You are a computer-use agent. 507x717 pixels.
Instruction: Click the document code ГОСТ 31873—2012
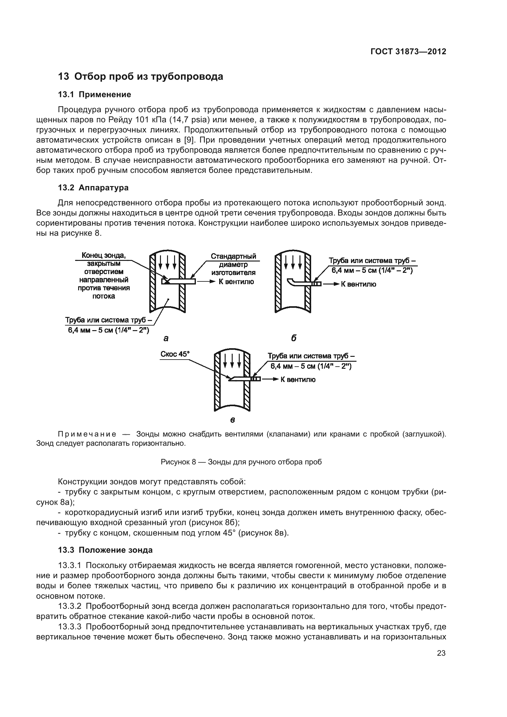pos(408,51)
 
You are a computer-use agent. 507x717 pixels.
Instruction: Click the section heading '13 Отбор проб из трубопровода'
pos(140,77)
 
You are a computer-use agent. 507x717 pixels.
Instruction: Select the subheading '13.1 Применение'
pos(94,95)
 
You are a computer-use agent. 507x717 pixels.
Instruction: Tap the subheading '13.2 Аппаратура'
pos(93,188)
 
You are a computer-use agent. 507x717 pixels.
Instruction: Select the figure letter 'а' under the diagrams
pos(166,338)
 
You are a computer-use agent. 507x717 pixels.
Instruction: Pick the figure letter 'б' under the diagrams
pos(293,338)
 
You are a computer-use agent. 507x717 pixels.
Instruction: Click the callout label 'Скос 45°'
pos(175,354)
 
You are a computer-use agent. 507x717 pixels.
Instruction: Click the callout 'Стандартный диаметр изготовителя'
pos(233,264)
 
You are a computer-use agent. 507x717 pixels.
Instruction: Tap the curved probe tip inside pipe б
pos(290,281)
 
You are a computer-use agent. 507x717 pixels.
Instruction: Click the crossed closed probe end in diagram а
pos(166,281)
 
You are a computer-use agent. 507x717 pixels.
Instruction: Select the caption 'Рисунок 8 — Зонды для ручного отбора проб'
pos(241,462)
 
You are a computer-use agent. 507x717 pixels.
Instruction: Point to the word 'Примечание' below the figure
pos(87,434)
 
